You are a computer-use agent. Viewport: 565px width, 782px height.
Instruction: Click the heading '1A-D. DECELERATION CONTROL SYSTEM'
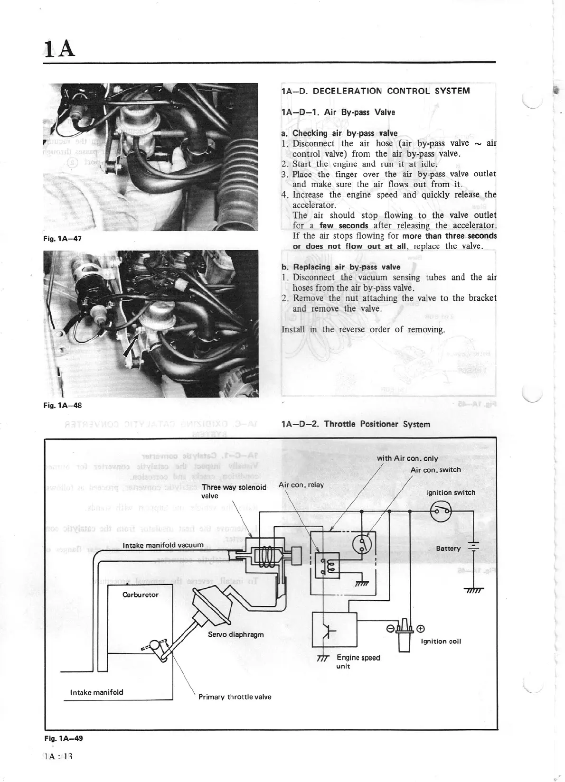coord(375,91)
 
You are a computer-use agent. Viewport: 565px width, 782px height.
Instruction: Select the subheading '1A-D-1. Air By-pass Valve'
coord(338,112)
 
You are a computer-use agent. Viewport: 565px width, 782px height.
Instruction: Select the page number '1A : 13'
coord(57,756)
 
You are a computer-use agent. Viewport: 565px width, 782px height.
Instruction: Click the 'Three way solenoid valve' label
coord(234,492)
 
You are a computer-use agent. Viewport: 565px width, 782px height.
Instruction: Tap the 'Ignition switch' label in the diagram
coord(451,493)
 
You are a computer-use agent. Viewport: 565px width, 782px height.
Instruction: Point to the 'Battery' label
coord(448,549)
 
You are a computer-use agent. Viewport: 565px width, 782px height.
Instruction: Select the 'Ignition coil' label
coord(441,642)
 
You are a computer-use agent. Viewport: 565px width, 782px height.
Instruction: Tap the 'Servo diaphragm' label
coord(235,634)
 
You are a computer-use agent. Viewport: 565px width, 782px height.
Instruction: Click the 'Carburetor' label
coord(141,595)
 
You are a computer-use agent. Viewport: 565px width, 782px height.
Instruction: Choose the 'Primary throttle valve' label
coord(235,697)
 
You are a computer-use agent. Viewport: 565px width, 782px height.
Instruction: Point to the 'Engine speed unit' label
coord(358,661)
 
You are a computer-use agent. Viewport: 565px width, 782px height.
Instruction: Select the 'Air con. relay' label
coord(301,485)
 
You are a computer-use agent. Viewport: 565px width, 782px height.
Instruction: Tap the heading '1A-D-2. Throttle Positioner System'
coord(356,424)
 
